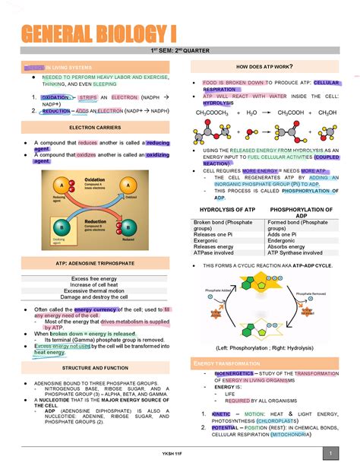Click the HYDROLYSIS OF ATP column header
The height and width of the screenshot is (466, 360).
coord(227,209)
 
